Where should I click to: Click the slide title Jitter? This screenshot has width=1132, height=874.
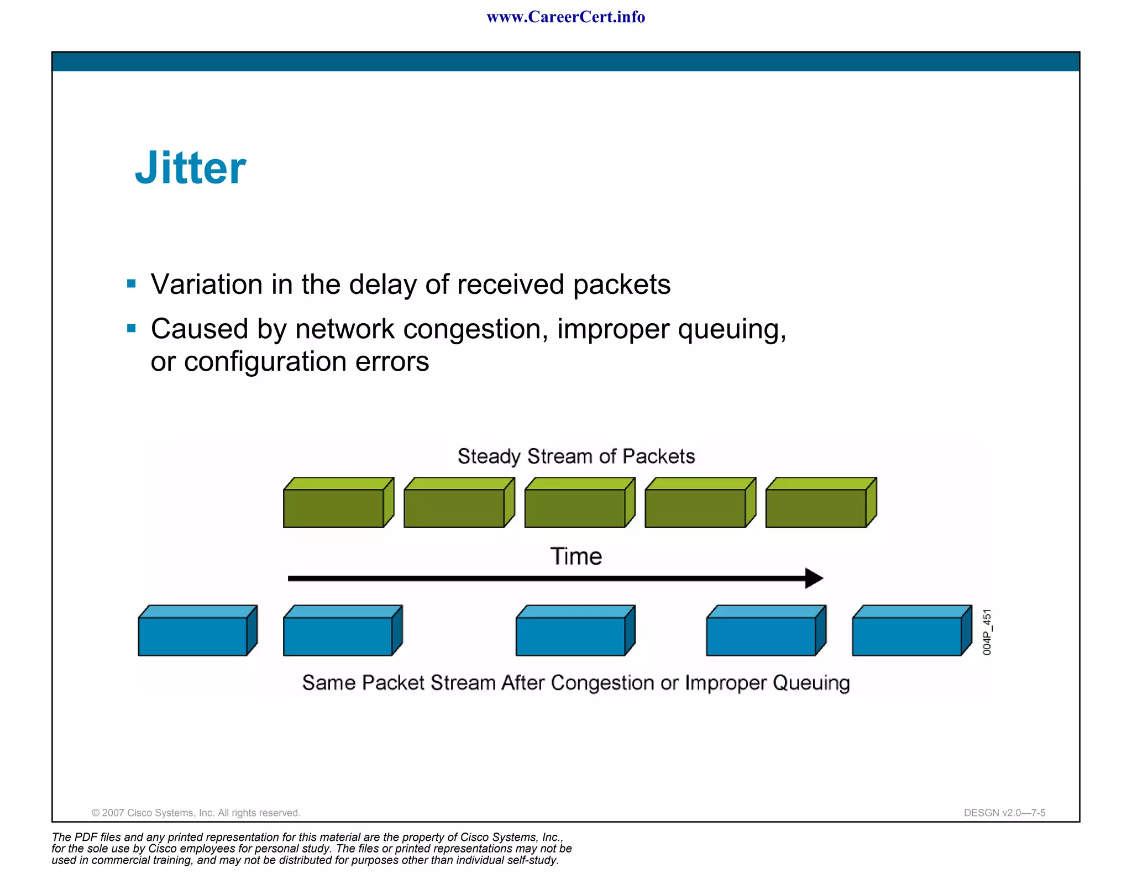tap(190, 168)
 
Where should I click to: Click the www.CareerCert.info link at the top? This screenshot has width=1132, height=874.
tap(565, 17)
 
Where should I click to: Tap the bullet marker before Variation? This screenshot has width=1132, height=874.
tap(131, 284)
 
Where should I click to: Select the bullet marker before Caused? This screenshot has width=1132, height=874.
tap(131, 329)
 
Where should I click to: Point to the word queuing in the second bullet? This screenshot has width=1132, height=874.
tap(731, 330)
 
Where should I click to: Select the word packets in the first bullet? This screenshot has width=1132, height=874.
tap(621, 285)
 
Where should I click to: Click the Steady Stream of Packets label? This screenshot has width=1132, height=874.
tap(576, 456)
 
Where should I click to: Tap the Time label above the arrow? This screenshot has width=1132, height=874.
tap(576, 556)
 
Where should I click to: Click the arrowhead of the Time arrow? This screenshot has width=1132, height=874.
tap(814, 578)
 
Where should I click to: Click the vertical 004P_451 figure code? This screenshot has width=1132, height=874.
tap(987, 632)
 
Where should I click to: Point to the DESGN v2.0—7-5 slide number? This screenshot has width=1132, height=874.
tap(1004, 813)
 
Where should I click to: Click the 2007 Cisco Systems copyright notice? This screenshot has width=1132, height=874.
tap(196, 813)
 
